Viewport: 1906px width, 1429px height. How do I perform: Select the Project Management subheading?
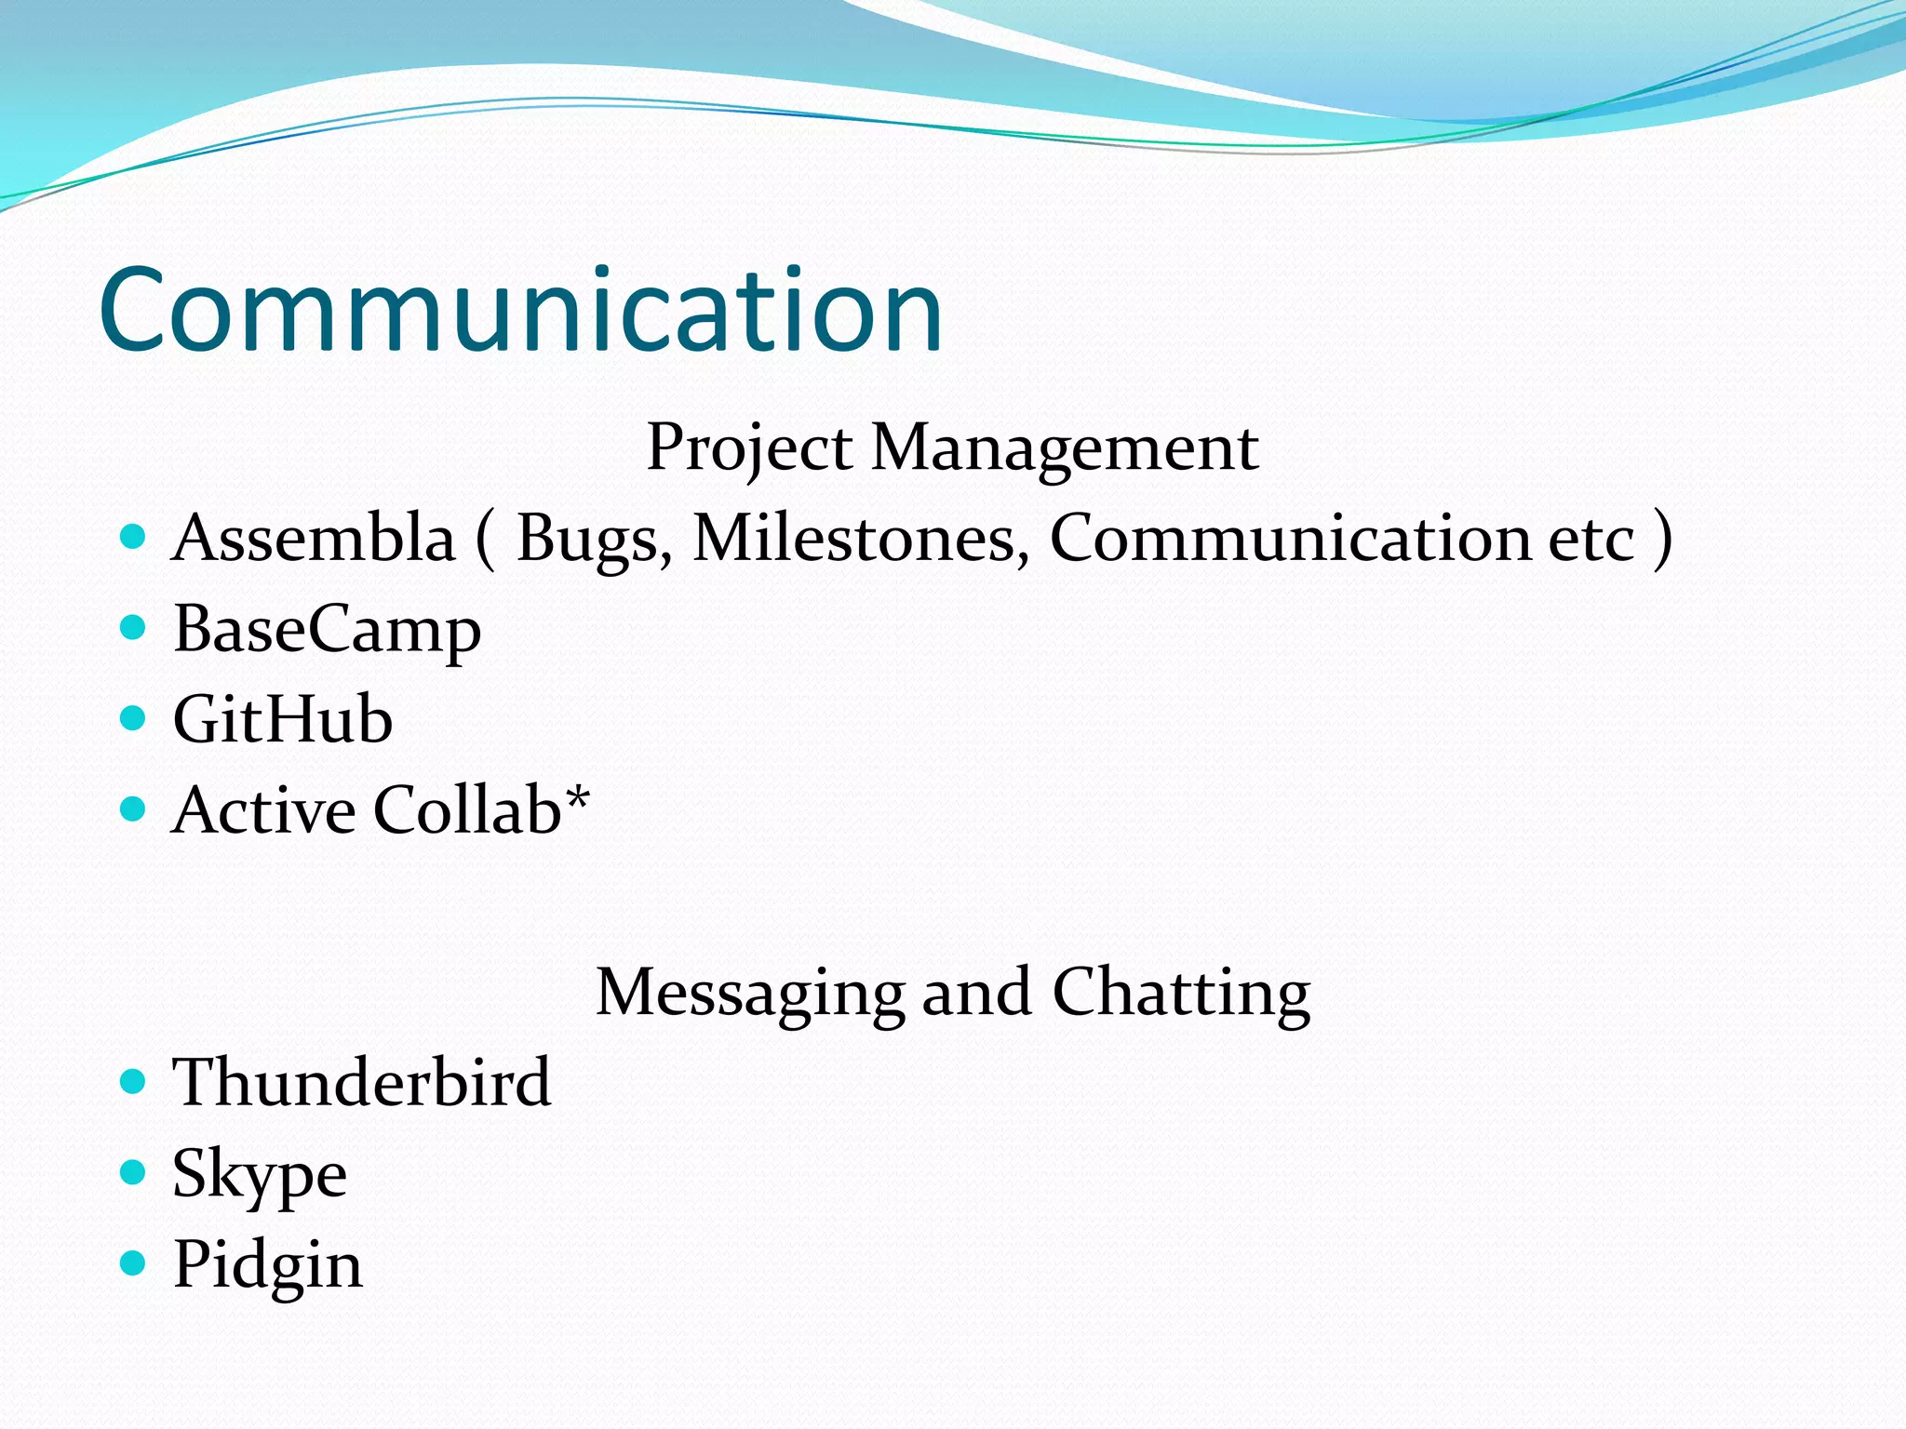pos(952,447)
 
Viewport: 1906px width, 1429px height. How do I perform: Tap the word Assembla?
pos(314,539)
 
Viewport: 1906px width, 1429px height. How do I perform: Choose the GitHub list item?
pos(283,720)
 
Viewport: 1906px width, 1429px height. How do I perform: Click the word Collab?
pos(467,810)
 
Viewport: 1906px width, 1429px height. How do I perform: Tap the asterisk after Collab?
pos(578,796)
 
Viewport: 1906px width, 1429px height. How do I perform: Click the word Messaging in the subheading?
pos(750,994)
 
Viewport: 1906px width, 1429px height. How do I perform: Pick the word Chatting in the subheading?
pos(1181,994)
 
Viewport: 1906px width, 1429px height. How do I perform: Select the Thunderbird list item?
pos(362,1083)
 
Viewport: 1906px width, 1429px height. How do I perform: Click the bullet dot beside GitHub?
pos(134,718)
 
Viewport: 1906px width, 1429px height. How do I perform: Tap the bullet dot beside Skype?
pos(134,1171)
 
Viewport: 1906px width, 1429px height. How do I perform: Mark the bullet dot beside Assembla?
pos(134,537)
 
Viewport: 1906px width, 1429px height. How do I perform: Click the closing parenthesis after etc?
pos(1662,539)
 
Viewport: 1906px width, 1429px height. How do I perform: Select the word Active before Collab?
pos(263,810)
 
